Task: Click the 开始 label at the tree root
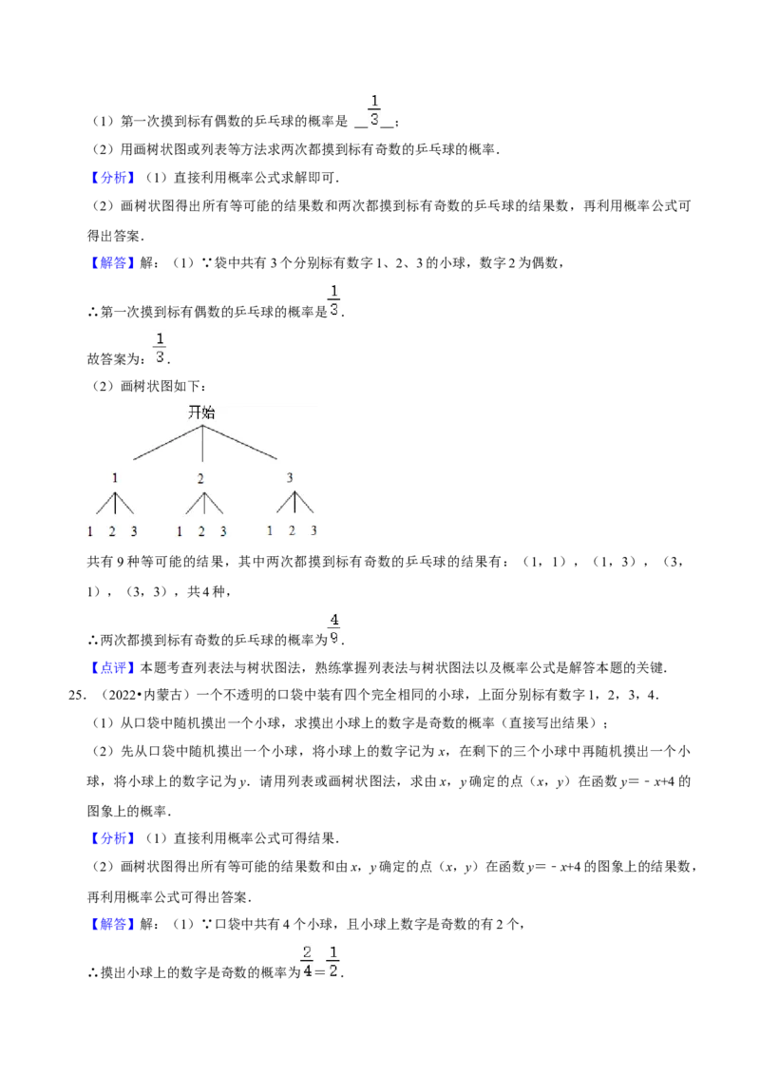[x=201, y=412]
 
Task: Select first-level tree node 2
[x=200, y=478]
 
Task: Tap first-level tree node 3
[x=290, y=477]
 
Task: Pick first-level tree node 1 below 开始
[x=115, y=477]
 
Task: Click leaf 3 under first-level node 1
[x=134, y=531]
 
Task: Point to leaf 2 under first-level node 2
[x=201, y=531]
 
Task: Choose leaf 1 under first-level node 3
[x=270, y=530]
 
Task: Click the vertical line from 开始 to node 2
[x=202, y=443]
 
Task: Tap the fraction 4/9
[x=334, y=628]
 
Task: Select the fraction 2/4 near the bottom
[x=307, y=961]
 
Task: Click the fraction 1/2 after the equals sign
[x=333, y=961]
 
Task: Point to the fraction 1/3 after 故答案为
[x=160, y=348]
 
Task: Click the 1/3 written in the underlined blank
[x=374, y=110]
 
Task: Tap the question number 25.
[x=78, y=695]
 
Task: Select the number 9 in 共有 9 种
[x=120, y=562]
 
